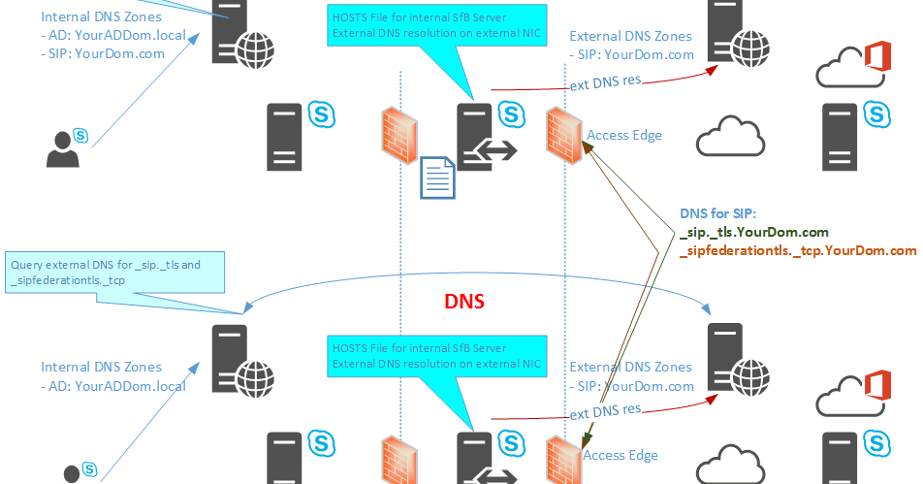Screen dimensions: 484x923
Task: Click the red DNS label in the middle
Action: pyautogui.click(x=464, y=302)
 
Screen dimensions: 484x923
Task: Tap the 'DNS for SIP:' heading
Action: pyautogui.click(x=723, y=214)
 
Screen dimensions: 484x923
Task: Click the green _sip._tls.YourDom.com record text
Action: pyautogui.click(x=754, y=232)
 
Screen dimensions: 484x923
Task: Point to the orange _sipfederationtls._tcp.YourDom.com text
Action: pyautogui.click(x=798, y=250)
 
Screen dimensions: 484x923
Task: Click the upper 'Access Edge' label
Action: pyautogui.click(x=624, y=135)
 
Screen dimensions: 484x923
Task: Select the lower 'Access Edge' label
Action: pyautogui.click(x=621, y=455)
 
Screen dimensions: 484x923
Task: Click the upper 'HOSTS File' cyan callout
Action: pyautogui.click(x=435, y=26)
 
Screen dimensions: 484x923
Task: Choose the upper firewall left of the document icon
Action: pyautogui.click(x=399, y=135)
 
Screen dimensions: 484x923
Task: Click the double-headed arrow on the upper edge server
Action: pyautogui.click(x=500, y=150)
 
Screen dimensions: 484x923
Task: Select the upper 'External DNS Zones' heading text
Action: pyautogui.click(x=630, y=36)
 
